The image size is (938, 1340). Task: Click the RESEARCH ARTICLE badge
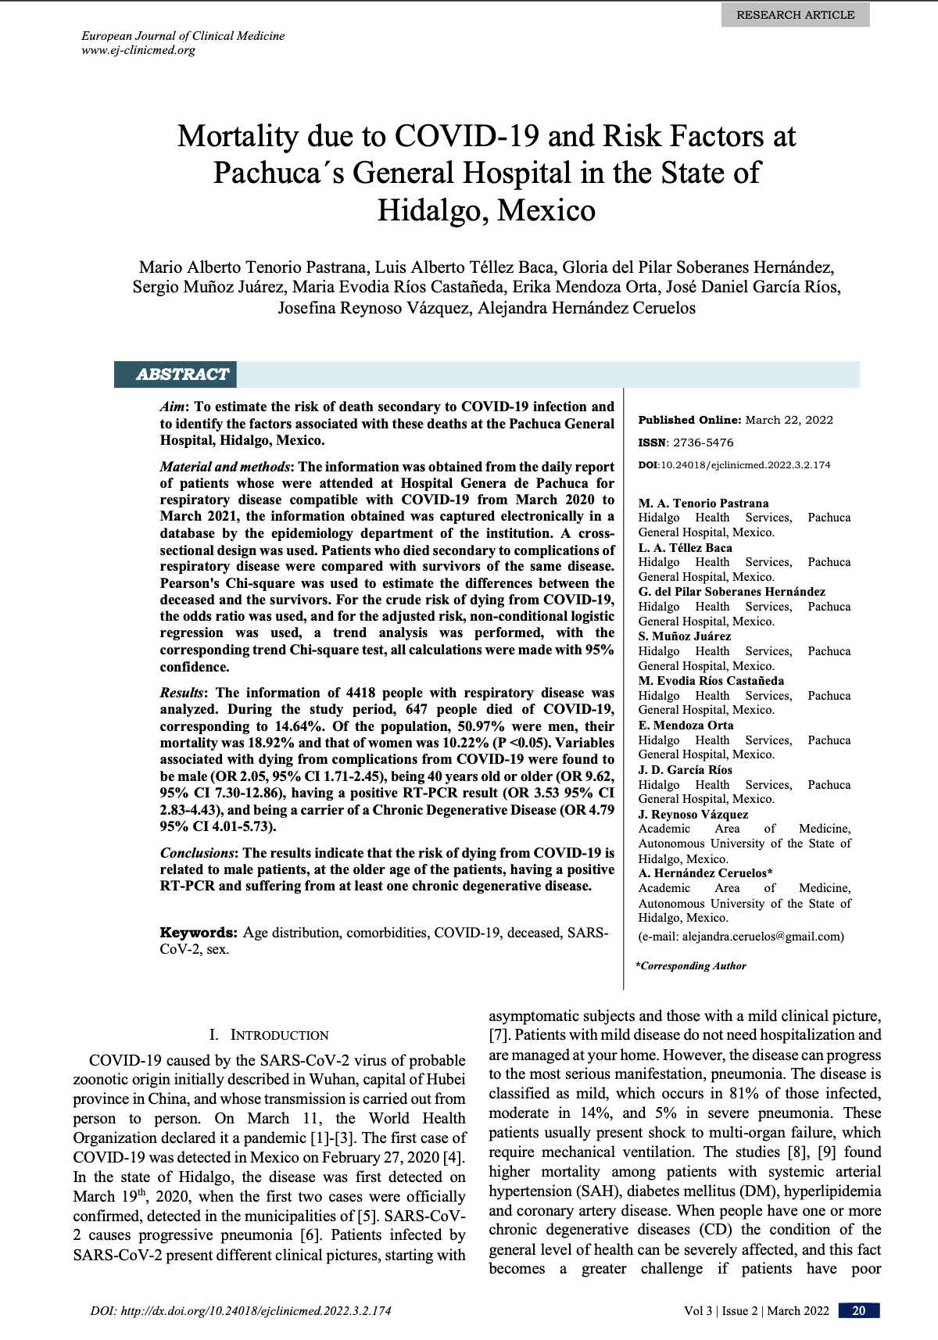pyautogui.click(x=796, y=15)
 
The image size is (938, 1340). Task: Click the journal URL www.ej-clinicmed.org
pyautogui.click(x=138, y=51)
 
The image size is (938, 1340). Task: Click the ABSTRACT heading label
pyautogui.click(x=182, y=374)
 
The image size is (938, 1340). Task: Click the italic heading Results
pyautogui.click(x=182, y=693)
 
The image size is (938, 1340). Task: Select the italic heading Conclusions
pyautogui.click(x=199, y=852)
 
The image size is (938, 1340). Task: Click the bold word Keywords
pyautogui.click(x=198, y=933)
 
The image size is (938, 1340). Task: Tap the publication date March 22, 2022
pyautogui.click(x=789, y=420)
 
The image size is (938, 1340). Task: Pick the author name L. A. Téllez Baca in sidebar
pyautogui.click(x=686, y=548)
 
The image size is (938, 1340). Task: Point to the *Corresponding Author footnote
pyautogui.click(x=691, y=966)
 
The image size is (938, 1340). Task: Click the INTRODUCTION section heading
pyautogui.click(x=269, y=1035)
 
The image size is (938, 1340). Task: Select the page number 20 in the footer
pyautogui.click(x=858, y=1311)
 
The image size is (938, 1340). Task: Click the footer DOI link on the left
pyautogui.click(x=241, y=1311)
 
